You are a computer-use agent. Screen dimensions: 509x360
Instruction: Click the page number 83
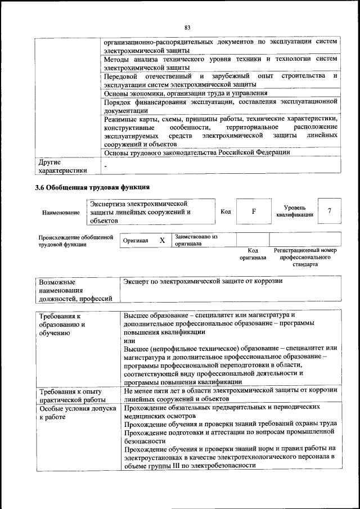tap(187, 26)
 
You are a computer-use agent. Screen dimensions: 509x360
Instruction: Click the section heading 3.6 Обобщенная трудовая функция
tap(93, 187)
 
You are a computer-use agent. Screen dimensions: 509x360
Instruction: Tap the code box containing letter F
tap(253, 211)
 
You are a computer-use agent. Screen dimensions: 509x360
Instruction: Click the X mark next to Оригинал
tap(162, 241)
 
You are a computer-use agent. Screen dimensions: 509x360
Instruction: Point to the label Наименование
tap(61, 213)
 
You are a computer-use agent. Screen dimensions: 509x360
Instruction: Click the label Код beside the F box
tap(226, 211)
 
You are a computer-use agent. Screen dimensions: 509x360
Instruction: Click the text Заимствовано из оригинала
tap(196, 240)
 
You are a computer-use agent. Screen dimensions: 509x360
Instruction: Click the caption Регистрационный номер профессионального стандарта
tap(305, 256)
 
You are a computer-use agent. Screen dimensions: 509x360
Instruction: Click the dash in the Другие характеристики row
tap(105, 166)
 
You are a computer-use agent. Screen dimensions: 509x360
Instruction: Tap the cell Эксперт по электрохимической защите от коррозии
tap(203, 281)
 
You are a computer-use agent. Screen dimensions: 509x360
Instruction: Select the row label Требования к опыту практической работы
tap(70, 395)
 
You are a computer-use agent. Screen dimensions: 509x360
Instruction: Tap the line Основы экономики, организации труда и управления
tap(186, 93)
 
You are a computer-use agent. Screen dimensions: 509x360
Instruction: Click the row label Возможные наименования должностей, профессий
tap(75, 290)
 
